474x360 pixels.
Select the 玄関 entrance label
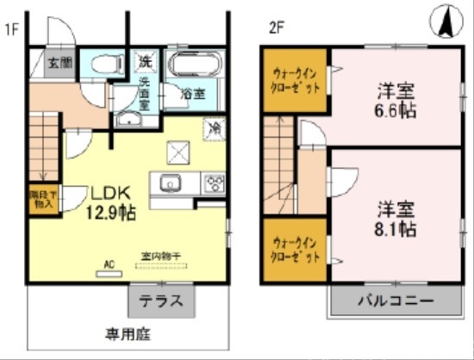click(59, 63)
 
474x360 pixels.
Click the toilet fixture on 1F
click(107, 63)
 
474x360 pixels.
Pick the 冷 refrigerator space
click(213, 128)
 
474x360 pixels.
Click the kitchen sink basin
click(167, 183)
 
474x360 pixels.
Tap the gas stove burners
click(213, 183)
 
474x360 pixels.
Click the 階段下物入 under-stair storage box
click(41, 200)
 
